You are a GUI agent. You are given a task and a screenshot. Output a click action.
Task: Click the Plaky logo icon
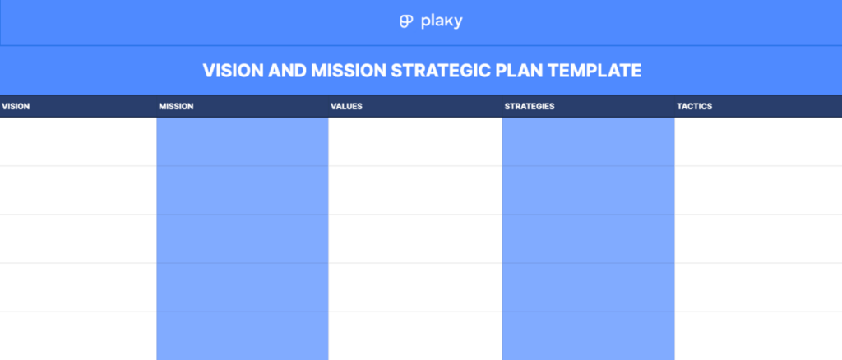(405, 22)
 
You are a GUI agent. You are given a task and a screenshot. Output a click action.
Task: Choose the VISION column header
(16, 107)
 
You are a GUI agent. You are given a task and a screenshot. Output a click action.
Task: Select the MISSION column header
(176, 107)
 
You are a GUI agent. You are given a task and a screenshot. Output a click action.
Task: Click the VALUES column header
(346, 107)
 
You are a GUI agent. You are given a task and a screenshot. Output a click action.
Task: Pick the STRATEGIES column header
(529, 107)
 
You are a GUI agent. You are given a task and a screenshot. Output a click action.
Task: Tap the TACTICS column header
(694, 107)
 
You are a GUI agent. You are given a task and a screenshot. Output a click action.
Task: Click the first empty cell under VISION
(78, 142)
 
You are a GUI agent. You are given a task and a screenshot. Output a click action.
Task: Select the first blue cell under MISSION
(243, 142)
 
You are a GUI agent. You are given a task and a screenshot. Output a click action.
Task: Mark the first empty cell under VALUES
(415, 142)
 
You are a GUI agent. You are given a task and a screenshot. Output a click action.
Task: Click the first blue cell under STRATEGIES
(588, 142)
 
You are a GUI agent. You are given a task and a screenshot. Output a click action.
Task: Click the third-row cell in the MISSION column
(243, 239)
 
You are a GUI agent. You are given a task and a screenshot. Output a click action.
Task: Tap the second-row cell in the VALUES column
(415, 191)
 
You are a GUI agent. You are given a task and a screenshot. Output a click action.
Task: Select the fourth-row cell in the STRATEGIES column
(588, 288)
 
